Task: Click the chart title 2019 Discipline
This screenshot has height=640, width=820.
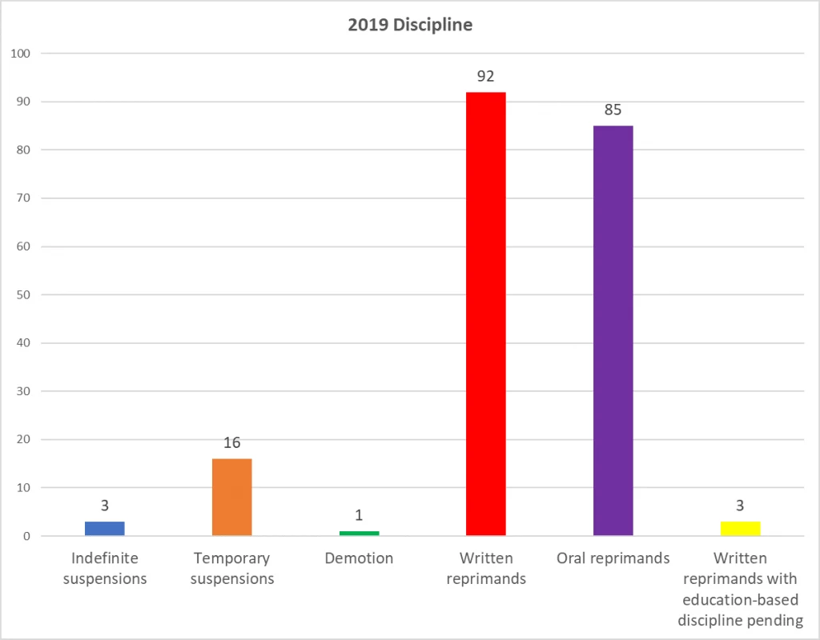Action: pyautogui.click(x=409, y=25)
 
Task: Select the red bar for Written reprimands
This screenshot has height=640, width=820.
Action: pyautogui.click(x=485, y=314)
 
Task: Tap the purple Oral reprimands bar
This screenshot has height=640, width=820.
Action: pyautogui.click(x=613, y=330)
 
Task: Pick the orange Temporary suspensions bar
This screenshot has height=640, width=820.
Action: pyautogui.click(x=232, y=497)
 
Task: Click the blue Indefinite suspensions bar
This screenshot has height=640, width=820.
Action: pyautogui.click(x=105, y=528)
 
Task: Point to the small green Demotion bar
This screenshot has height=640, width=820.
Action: pyautogui.click(x=359, y=533)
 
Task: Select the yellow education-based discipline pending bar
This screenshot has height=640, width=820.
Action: pyautogui.click(x=740, y=528)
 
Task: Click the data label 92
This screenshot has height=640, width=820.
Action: pyautogui.click(x=485, y=77)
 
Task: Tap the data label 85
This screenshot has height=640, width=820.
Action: pyautogui.click(x=613, y=110)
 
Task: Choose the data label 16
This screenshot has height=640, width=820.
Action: pyautogui.click(x=232, y=443)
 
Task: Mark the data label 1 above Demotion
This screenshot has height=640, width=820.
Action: pyautogui.click(x=359, y=515)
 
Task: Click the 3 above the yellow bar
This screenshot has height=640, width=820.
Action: pyautogui.click(x=740, y=506)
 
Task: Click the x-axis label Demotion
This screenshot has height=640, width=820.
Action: pyautogui.click(x=359, y=558)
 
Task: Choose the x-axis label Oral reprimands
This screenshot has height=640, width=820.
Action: pyautogui.click(x=613, y=558)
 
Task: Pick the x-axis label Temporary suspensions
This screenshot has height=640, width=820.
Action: pyautogui.click(x=232, y=568)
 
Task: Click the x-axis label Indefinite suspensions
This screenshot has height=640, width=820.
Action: pyautogui.click(x=105, y=568)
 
